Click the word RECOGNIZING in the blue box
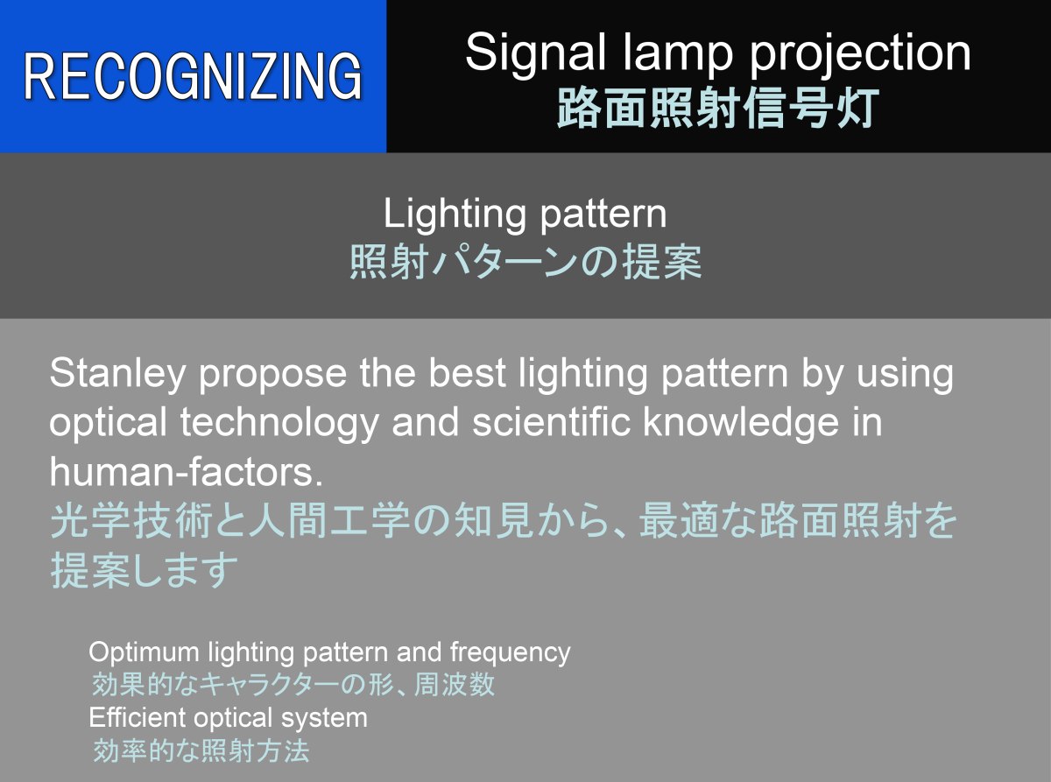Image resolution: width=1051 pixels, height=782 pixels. tap(193, 76)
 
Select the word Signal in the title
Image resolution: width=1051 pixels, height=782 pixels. tap(536, 53)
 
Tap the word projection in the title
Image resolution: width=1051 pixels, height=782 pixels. tap(860, 53)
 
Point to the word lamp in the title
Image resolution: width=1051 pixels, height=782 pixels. tap(678, 53)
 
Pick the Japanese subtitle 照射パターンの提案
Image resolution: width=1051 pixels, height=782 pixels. tap(525, 262)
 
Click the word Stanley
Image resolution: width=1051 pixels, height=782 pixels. tap(116, 374)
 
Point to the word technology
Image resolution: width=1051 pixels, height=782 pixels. tap(279, 423)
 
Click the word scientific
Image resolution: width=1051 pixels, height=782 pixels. tap(551, 422)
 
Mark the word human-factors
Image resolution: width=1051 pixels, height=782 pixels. tap(187, 472)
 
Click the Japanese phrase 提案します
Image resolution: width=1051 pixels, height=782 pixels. tap(144, 570)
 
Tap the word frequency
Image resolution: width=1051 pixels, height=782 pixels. tap(511, 652)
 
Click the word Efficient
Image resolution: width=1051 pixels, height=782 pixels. tap(137, 717)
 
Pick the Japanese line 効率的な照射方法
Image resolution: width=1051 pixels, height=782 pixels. tap(201, 750)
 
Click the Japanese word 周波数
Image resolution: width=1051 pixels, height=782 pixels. tap(455, 685)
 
